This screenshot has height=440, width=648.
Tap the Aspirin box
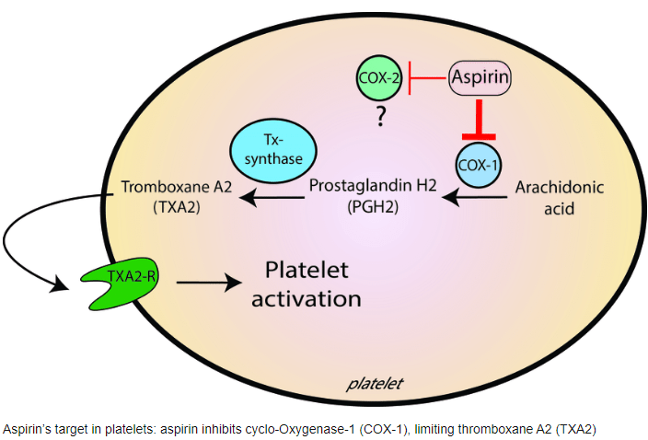(x=480, y=79)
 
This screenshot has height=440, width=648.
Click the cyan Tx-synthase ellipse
(x=272, y=152)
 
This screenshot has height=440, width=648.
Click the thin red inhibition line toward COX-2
(x=428, y=79)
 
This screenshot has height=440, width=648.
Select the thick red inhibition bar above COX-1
(x=480, y=120)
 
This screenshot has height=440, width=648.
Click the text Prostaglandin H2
(x=372, y=186)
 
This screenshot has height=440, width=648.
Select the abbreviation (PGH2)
(x=373, y=208)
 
